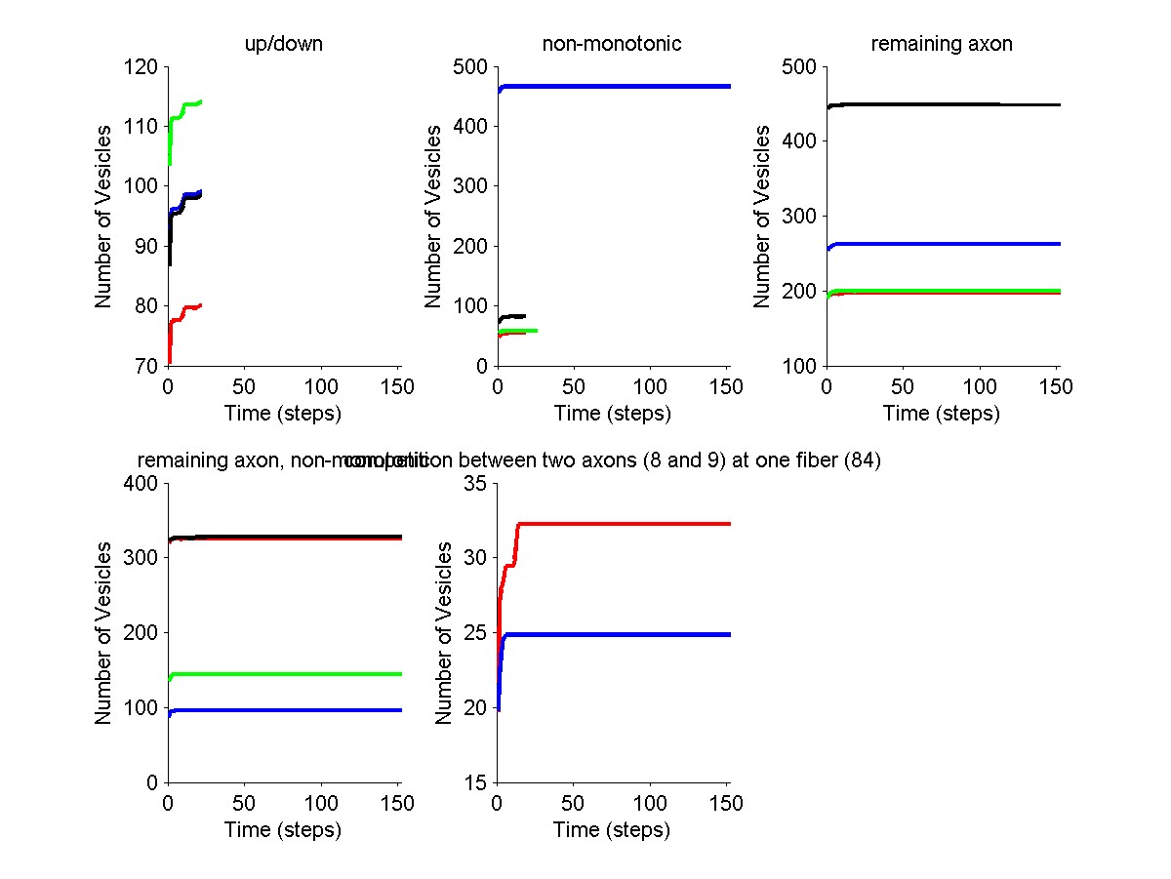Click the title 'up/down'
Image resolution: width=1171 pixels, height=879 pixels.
[283, 44]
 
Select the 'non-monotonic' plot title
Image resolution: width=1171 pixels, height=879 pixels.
[612, 44]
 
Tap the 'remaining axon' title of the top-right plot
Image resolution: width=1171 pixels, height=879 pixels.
[942, 44]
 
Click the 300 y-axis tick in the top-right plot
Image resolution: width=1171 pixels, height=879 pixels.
[801, 216]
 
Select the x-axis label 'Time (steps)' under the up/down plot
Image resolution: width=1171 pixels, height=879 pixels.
[283, 414]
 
